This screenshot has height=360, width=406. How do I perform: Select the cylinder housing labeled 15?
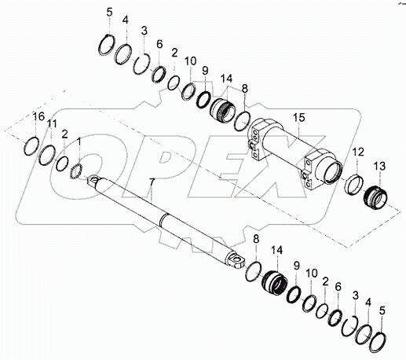(291, 153)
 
